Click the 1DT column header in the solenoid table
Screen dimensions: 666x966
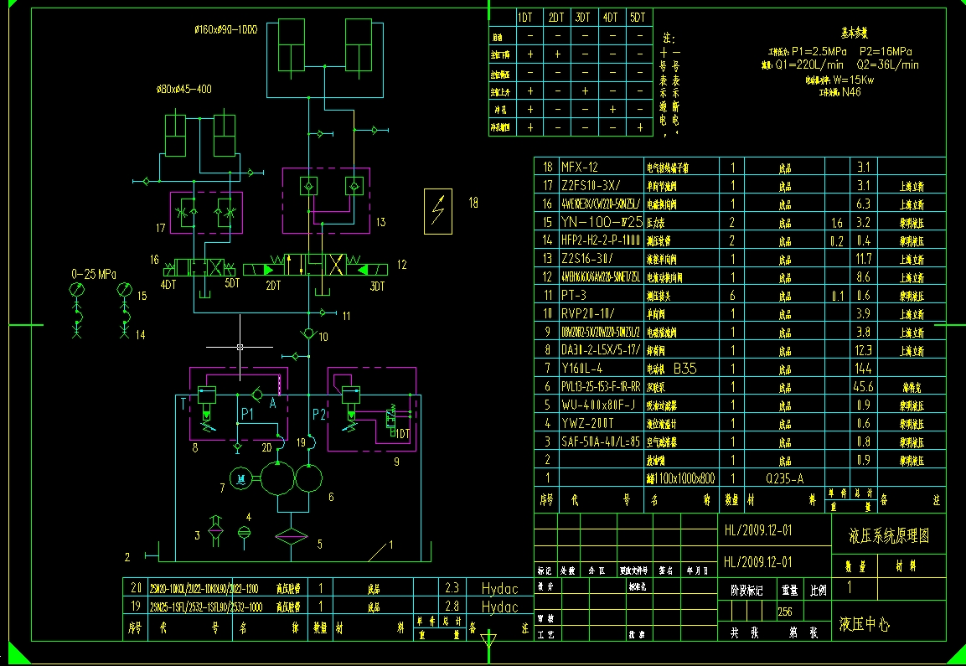525,17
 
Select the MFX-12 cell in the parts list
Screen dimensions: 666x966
581,167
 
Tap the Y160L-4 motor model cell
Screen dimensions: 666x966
584,368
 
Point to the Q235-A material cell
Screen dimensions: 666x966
786,478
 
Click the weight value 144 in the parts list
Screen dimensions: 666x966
863,368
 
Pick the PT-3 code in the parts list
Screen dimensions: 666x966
574,295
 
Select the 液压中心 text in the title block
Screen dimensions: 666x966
865,624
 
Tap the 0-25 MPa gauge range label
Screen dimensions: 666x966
94,274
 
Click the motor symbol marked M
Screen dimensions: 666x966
241,478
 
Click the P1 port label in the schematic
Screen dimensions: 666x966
246,414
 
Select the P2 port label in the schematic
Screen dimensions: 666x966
318,414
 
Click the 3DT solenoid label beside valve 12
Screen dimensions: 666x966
377,287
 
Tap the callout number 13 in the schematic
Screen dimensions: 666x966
380,223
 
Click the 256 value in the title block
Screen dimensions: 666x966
785,612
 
